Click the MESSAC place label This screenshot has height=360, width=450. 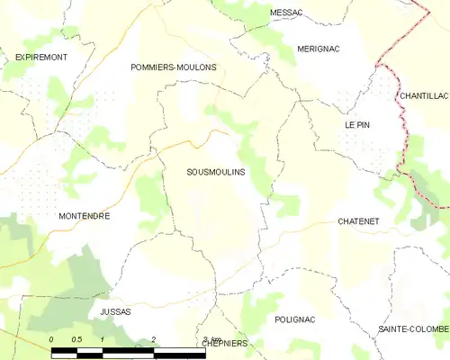pyautogui.click(x=286, y=12)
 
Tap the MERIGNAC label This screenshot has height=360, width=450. pyautogui.click(x=318, y=49)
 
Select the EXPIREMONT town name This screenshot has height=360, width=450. pyautogui.click(x=41, y=57)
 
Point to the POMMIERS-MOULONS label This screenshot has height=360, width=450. pyautogui.click(x=173, y=67)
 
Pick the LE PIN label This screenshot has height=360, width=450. pyautogui.click(x=357, y=125)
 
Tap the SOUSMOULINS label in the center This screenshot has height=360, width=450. pyautogui.click(x=215, y=171)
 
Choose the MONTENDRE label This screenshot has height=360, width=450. pyautogui.click(x=84, y=217)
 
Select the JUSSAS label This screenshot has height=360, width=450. pyautogui.click(x=115, y=311)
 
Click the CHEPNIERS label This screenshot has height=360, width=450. pyautogui.click(x=225, y=343)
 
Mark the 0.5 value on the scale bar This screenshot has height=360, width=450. pyautogui.click(x=78, y=339)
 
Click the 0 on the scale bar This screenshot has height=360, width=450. pyautogui.click(x=52, y=339)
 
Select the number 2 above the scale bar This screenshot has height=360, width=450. pyautogui.click(x=154, y=339)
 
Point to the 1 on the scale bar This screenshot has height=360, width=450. pyautogui.click(x=103, y=339)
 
